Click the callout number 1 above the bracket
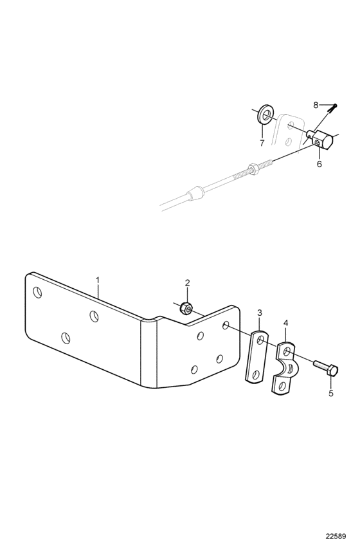(x=98, y=280)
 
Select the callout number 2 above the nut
(x=187, y=282)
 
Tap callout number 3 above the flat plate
(x=260, y=313)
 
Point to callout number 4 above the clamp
(x=285, y=322)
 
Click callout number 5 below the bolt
(x=331, y=393)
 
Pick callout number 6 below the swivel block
(x=319, y=164)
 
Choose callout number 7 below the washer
(x=262, y=143)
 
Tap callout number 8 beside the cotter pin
(x=316, y=105)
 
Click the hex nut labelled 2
(x=185, y=308)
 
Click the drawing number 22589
(x=336, y=536)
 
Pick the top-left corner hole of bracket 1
(x=37, y=292)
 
